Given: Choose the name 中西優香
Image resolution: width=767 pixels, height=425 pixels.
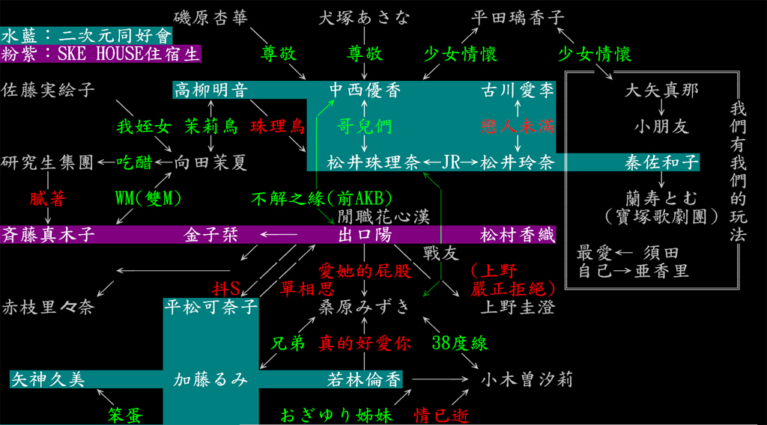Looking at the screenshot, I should (x=365, y=91).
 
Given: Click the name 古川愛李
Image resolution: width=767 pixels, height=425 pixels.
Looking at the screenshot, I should (x=518, y=91).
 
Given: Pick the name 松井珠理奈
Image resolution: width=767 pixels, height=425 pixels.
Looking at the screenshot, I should (x=365, y=162).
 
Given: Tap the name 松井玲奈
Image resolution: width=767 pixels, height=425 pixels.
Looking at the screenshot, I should (x=518, y=162).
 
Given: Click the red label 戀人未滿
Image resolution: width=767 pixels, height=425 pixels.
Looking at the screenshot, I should (x=518, y=126).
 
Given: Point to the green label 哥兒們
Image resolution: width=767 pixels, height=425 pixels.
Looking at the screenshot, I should (x=365, y=126).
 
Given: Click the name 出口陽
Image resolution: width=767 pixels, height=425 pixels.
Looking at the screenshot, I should (x=365, y=235).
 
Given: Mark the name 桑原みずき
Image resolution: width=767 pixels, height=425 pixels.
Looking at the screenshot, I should (x=365, y=306).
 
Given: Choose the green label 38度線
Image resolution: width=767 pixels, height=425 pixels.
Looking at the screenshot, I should (x=460, y=343).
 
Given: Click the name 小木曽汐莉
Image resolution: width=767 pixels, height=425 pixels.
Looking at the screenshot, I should (x=527, y=379).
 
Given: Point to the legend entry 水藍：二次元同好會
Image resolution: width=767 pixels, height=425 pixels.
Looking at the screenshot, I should (x=87, y=35).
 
